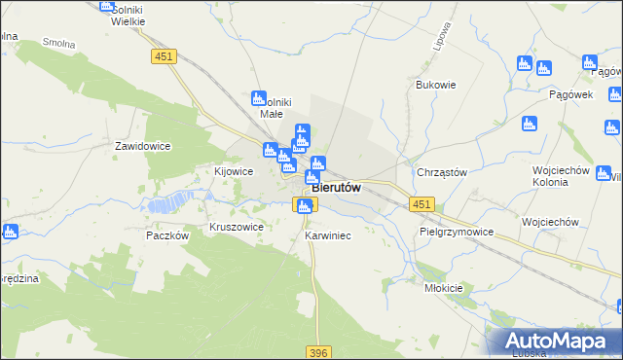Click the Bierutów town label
(x=338, y=188)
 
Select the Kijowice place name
(x=234, y=171)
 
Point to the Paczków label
(x=165, y=235)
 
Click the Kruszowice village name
(x=237, y=227)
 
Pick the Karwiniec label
(x=327, y=236)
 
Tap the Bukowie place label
(x=436, y=85)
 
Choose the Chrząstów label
(x=442, y=172)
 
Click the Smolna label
(x=59, y=45)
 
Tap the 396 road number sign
(x=319, y=352)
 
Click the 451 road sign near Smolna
(x=164, y=57)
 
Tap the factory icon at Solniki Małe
(x=259, y=98)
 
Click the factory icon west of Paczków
(x=11, y=232)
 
